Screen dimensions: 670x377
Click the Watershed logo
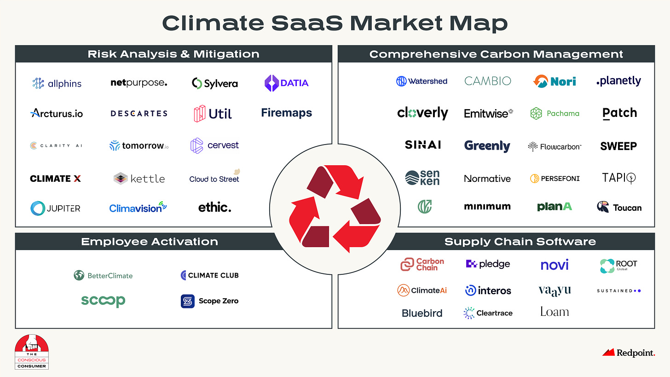pyautogui.click(x=422, y=81)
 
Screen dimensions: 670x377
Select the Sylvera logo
pyautogui.click(x=214, y=83)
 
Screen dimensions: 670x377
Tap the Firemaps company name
pyautogui.click(x=286, y=113)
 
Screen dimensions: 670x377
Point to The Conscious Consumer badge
pyautogui.click(x=32, y=352)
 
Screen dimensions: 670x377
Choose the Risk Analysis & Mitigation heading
pyautogui.click(x=173, y=54)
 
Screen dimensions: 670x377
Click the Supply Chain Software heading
pyautogui.click(x=520, y=241)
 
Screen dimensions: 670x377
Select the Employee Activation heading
pyautogui.click(x=150, y=241)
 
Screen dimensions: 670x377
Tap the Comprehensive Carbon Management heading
pyautogui.click(x=496, y=54)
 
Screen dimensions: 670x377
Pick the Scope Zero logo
pyautogui.click(x=209, y=301)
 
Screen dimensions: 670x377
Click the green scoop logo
pyautogui.click(x=103, y=301)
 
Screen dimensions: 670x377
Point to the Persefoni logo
pyautogui.click(x=554, y=178)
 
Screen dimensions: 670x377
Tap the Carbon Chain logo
pyautogui.click(x=422, y=264)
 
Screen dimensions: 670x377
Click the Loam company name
pyautogui.click(x=554, y=312)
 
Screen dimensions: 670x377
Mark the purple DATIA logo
pyautogui.click(x=286, y=83)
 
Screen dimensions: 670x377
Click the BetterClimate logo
pyautogui.click(x=103, y=275)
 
